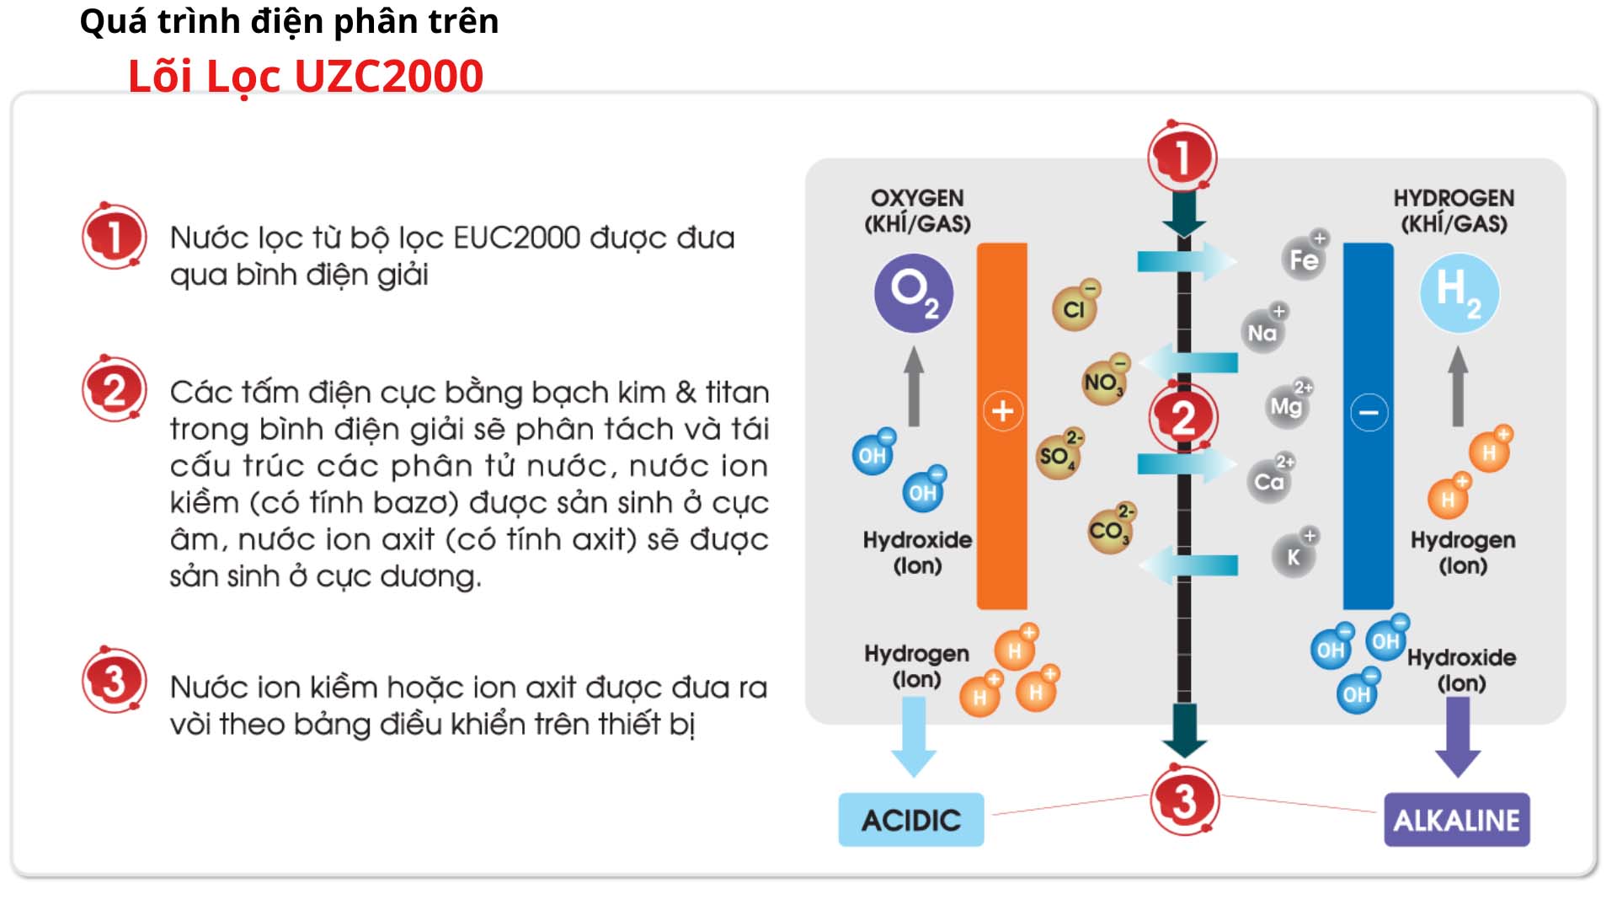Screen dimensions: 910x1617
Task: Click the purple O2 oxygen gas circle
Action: coord(913,293)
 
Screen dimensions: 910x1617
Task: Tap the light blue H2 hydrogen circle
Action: coord(1459,293)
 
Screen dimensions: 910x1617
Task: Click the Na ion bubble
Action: coord(1262,332)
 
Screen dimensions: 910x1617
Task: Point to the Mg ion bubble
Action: coord(1286,407)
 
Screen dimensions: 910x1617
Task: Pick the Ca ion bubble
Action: coord(1269,481)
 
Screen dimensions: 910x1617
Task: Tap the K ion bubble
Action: coord(1294,556)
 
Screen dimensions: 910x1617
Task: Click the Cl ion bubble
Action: coord(1074,308)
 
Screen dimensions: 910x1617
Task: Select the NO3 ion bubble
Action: coord(1102,383)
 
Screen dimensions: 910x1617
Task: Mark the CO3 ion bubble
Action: coord(1108,532)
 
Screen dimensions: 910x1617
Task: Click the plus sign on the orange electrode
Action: coord(1002,411)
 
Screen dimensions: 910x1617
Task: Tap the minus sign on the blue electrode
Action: coord(1369,412)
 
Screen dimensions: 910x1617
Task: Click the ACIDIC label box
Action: coord(910,820)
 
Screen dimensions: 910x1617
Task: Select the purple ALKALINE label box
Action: coord(1456,820)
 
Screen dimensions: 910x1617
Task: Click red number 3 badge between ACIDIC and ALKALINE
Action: coord(1184,800)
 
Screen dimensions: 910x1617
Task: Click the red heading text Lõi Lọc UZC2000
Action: coord(306,76)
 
